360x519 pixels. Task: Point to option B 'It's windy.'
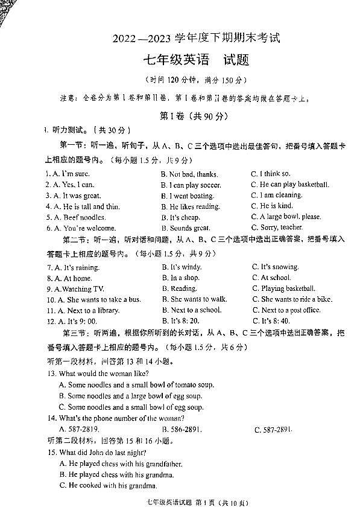[x=182, y=267]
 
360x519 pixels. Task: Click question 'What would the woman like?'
[x=101, y=374]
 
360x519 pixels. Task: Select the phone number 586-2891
[x=182, y=429]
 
